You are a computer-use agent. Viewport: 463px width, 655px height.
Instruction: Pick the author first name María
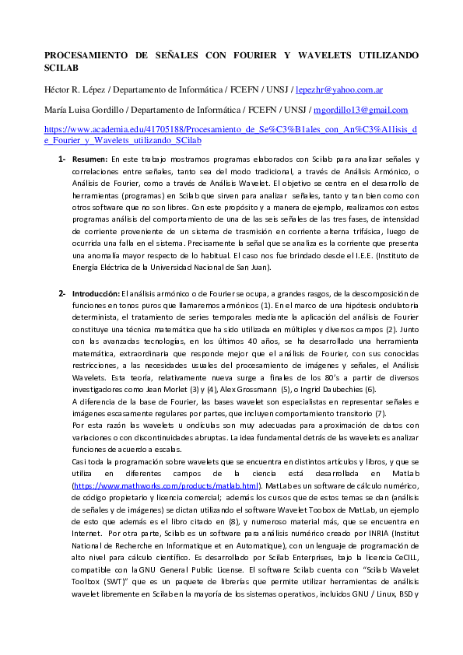point(57,110)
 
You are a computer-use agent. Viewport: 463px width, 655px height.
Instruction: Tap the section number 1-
point(61,159)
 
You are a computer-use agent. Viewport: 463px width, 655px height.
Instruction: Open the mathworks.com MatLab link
point(166,485)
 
